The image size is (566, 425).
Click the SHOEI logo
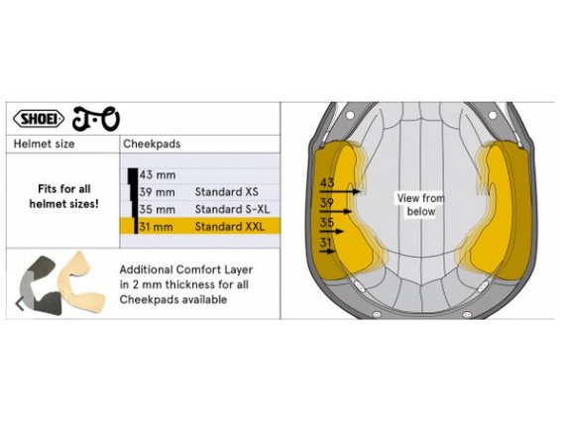click(x=39, y=119)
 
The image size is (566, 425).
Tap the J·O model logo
click(x=96, y=119)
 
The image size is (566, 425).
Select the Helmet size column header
click(x=44, y=144)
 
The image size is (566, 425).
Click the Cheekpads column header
click(x=152, y=144)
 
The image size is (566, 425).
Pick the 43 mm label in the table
click(x=158, y=175)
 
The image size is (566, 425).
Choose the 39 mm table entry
click(x=157, y=192)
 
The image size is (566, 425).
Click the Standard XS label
click(x=227, y=192)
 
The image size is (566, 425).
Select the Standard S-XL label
click(x=233, y=209)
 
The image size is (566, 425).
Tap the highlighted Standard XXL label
click(x=230, y=227)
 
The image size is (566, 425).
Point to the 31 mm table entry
click(x=156, y=227)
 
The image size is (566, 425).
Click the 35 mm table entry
click(x=157, y=209)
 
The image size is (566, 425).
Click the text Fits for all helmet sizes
click(x=63, y=196)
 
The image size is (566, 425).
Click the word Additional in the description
click(x=146, y=269)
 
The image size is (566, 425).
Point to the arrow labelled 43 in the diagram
click(x=340, y=191)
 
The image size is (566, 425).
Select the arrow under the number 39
click(x=336, y=211)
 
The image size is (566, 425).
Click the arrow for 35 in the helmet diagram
click(x=332, y=231)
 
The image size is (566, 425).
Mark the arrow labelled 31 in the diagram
click(x=328, y=251)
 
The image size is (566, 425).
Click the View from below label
click(x=421, y=204)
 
